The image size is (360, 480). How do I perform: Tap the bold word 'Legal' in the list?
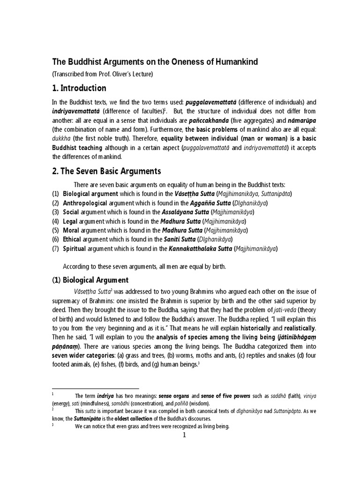pos(71,222)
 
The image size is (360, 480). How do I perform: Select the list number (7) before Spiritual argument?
pos(55,248)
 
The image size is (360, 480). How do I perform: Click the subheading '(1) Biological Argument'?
pos(90,280)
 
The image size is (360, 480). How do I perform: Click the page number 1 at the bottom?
pos(185,435)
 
